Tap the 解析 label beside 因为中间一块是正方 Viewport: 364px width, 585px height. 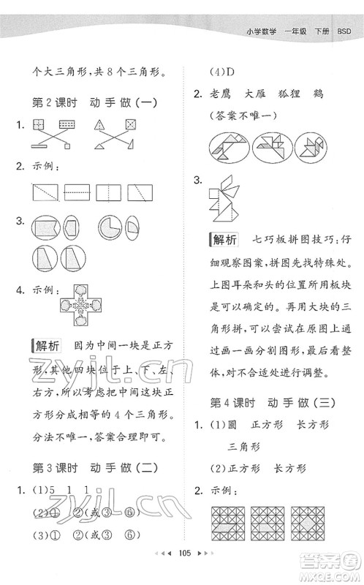[44, 345]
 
